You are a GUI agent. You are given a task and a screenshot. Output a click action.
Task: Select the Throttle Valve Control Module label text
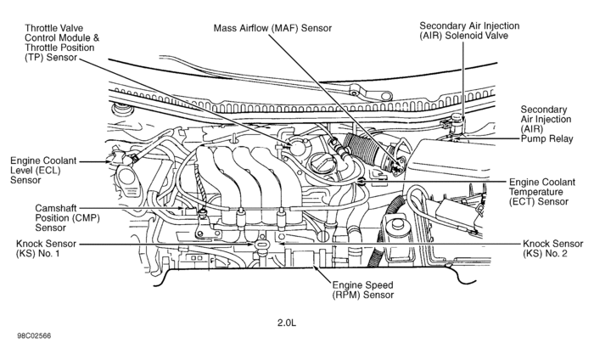coord(62,38)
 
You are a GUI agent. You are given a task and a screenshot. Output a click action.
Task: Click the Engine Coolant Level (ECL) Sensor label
coord(37,170)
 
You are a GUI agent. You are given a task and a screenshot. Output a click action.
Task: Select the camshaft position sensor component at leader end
coord(203,210)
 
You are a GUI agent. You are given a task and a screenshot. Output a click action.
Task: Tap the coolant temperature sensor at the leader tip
coord(362,181)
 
